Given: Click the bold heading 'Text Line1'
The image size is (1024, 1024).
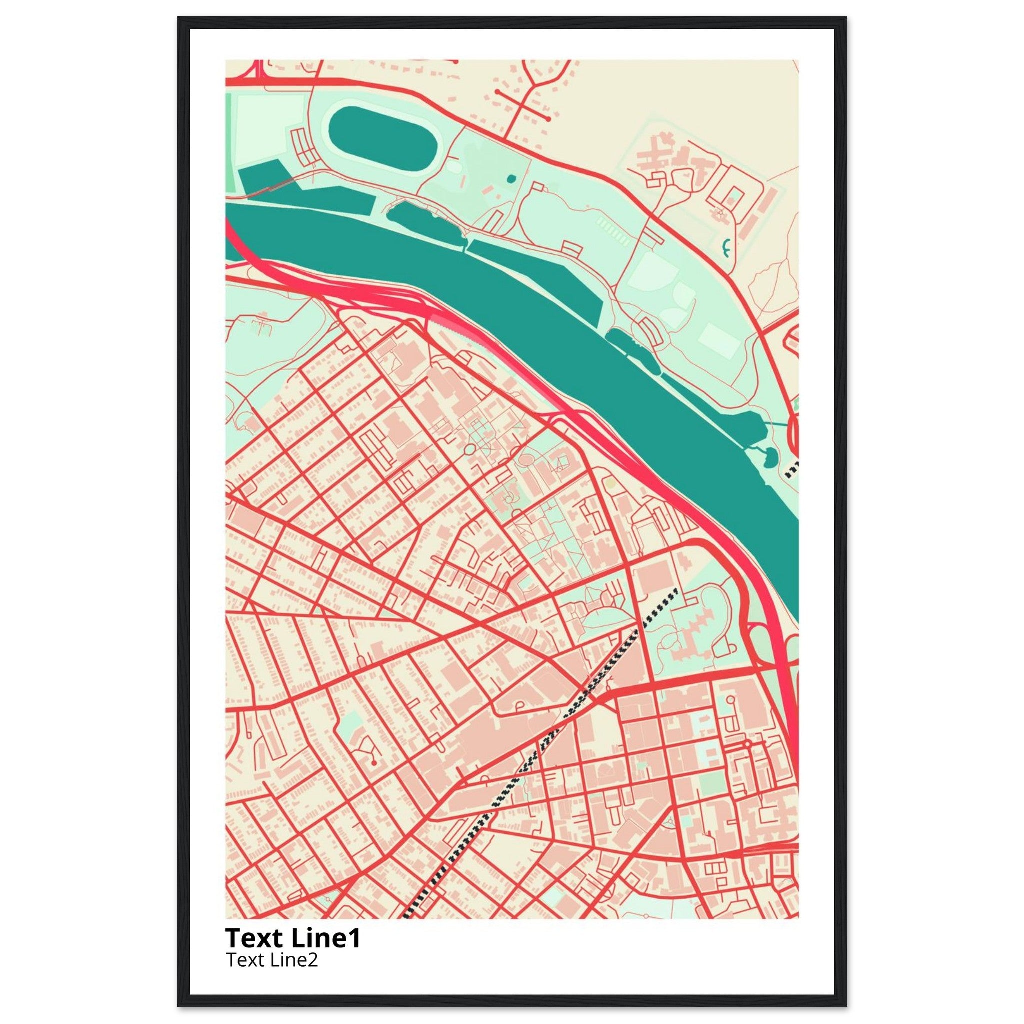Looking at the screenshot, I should (x=293, y=938).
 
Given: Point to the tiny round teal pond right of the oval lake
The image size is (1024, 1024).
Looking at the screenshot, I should (x=510, y=178).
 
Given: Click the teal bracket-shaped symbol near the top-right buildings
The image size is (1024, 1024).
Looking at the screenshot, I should (x=725, y=247).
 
